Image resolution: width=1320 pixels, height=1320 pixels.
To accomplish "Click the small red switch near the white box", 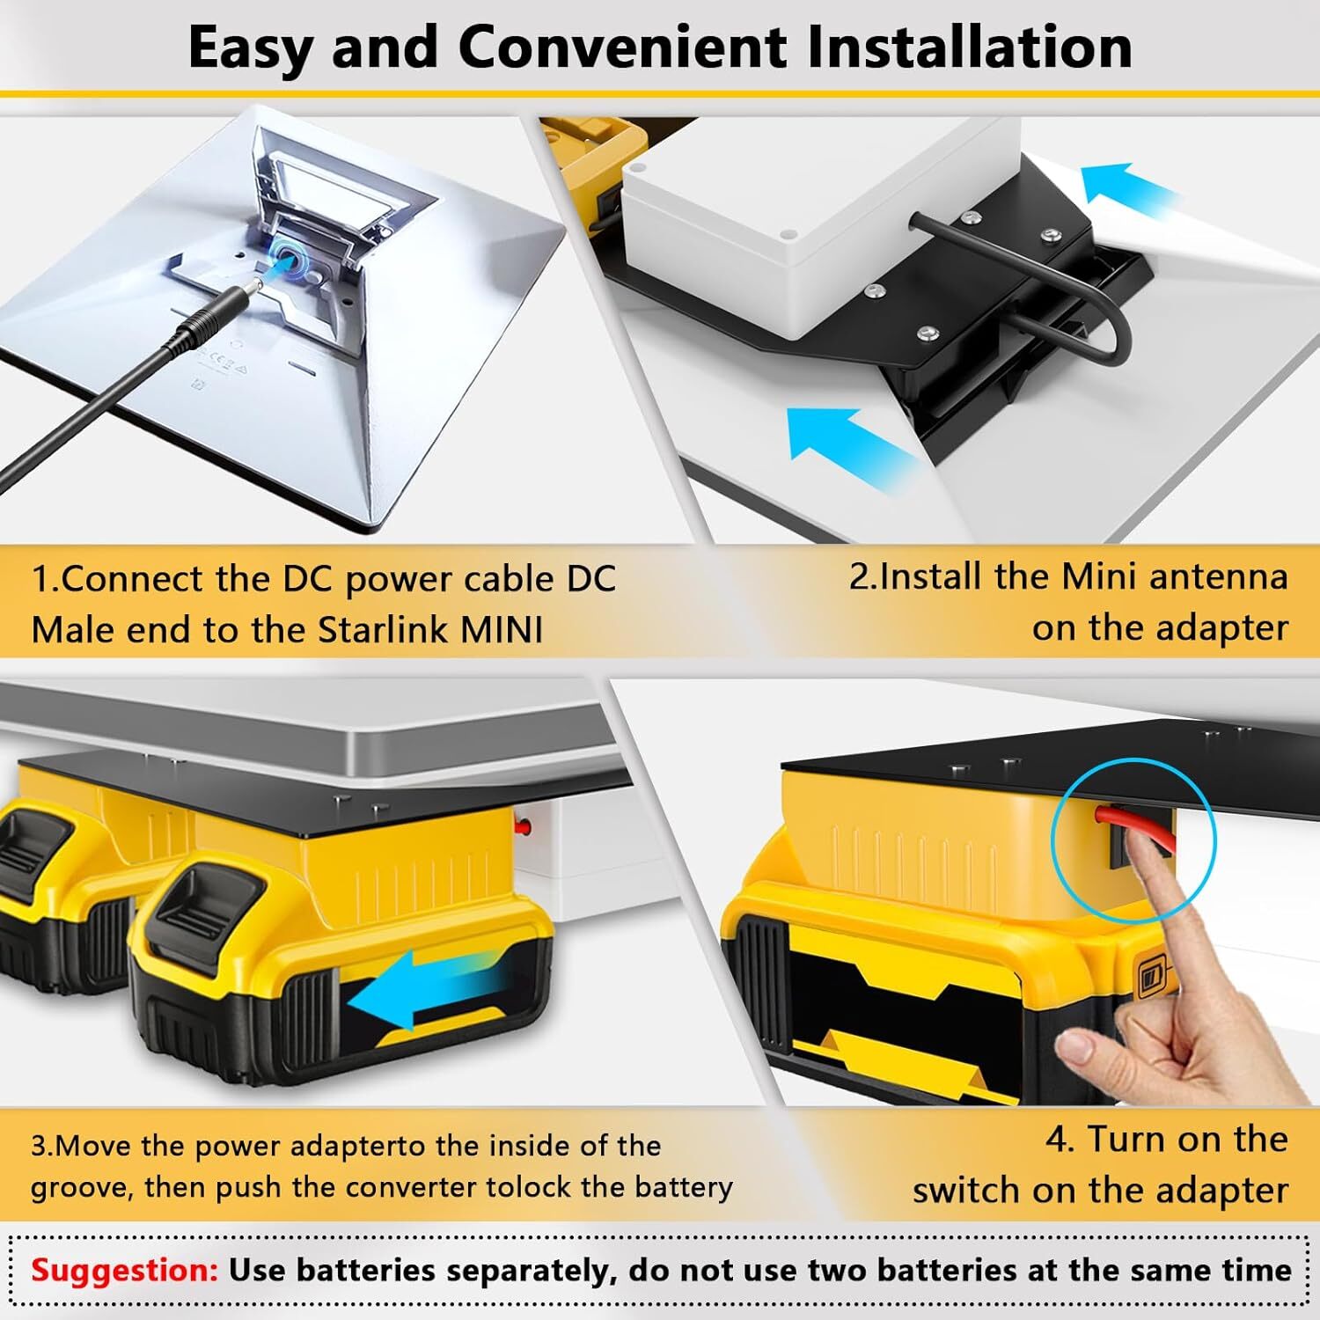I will [525, 826].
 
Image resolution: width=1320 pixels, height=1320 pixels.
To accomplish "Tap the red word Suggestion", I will [124, 1271].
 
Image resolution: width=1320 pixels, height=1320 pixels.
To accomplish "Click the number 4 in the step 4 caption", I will [1057, 1140].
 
